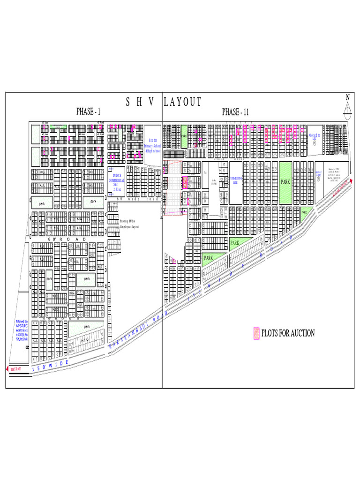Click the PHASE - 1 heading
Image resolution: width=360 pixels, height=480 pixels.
89,112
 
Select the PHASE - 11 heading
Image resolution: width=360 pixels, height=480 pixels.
235,112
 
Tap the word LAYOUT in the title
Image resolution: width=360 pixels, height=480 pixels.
183,102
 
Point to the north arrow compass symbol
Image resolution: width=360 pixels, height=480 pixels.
347,107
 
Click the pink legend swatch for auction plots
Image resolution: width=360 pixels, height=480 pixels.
256,333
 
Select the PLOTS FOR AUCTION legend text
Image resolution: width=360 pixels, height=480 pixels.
288,333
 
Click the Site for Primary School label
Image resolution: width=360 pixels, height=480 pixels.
152,146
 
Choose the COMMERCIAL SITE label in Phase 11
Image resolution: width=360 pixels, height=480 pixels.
235,181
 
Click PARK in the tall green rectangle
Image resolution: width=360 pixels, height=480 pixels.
285,182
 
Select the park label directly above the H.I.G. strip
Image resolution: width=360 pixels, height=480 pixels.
87,326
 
